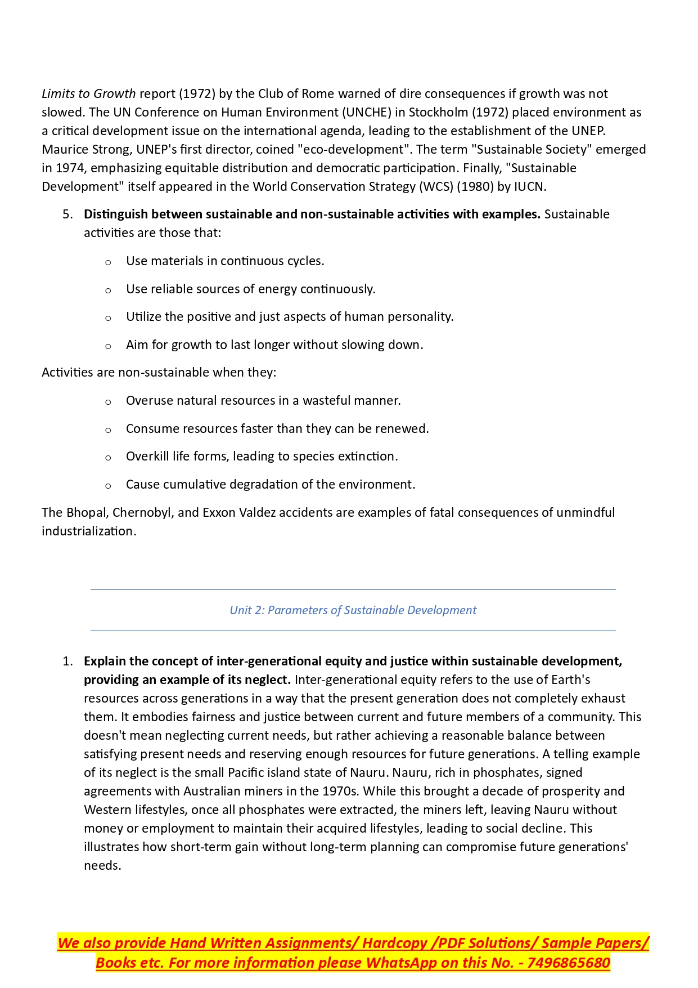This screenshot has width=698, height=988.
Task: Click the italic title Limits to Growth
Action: (89, 93)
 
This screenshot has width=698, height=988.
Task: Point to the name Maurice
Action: (64, 149)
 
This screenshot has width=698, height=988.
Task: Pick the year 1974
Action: (70, 168)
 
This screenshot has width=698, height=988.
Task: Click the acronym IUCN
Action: (529, 186)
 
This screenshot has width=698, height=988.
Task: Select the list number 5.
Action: (67, 214)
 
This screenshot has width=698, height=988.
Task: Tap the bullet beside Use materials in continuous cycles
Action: (108, 262)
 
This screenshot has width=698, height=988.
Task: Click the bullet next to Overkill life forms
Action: (108, 457)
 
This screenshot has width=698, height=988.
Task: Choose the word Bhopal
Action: (86, 512)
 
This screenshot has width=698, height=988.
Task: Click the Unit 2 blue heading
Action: (353, 610)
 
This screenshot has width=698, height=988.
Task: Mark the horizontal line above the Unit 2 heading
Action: (353, 590)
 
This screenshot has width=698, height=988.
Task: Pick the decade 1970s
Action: (340, 791)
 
